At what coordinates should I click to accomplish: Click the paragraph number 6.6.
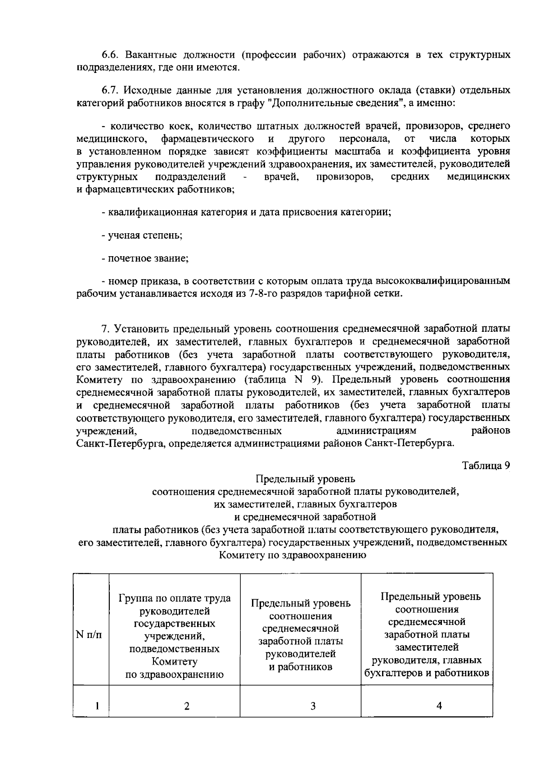coord(110,55)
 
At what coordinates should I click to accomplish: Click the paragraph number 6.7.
coord(110,90)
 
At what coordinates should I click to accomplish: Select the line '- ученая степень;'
coord(142,235)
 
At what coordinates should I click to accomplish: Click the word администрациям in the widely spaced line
coord(376,431)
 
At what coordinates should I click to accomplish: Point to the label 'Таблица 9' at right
coord(486,466)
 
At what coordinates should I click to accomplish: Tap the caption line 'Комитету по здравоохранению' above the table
coord(292,555)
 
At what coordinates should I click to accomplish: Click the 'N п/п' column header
coord(89,635)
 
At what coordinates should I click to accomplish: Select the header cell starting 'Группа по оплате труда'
coord(175,635)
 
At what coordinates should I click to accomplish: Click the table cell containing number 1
coord(97,706)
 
